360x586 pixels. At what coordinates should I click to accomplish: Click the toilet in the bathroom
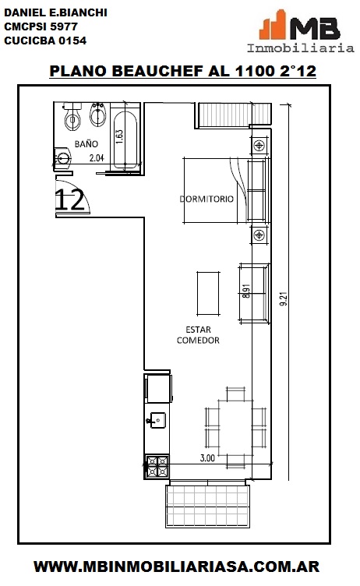pos(72,116)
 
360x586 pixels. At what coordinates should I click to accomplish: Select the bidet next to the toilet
pos(98,114)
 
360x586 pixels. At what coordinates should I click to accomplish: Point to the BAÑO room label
pos(86,144)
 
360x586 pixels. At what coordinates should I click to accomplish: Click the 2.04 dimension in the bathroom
pos(97,158)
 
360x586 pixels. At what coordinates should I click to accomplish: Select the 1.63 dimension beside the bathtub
pos(119,137)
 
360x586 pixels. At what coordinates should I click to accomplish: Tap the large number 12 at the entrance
pos(69,199)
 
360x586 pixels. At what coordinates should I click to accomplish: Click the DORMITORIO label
pos(206,199)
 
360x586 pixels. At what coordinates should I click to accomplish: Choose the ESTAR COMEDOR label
pos(198,335)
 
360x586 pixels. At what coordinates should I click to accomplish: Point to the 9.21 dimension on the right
pos(284,299)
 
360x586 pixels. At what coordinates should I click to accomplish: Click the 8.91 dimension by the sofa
pos(246,291)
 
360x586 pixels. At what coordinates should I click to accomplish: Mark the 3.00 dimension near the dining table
pos(207,458)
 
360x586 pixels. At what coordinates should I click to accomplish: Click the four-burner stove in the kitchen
pos(157,467)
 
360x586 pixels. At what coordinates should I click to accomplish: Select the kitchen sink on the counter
pos(157,421)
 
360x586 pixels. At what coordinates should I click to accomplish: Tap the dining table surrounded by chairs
pos(235,428)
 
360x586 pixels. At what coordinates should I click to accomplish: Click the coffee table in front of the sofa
pos(208,293)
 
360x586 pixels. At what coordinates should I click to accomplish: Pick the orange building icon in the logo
pos(273,25)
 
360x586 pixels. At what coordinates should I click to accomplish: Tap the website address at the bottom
pos(176,567)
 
